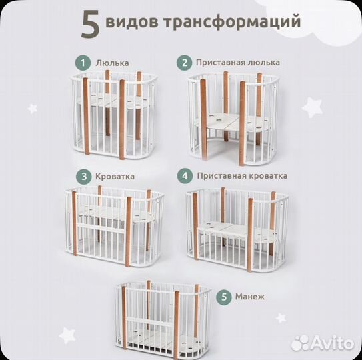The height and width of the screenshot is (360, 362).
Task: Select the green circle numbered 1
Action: [82, 62]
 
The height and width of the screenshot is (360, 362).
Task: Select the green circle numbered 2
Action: [183, 62]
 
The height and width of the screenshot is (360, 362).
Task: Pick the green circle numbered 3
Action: [83, 177]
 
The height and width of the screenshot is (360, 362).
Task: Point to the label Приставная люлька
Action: [237, 62]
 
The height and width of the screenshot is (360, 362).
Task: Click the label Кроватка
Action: [115, 177]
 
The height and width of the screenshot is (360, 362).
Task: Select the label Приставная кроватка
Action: [242, 176]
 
